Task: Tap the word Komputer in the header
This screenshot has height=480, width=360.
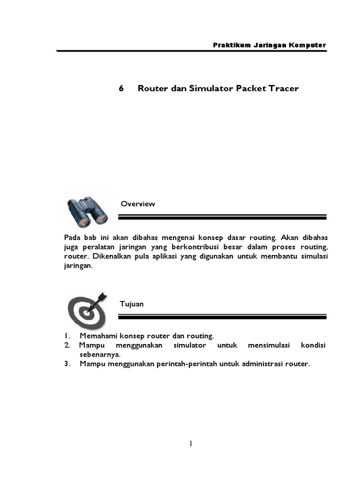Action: (307, 45)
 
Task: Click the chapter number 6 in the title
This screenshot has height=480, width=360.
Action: (121, 89)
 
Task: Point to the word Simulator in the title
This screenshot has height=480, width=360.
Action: (209, 89)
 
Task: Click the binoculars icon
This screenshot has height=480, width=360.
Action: (87, 211)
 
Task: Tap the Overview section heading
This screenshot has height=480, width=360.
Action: (138, 204)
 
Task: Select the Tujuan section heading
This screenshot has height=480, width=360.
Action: (132, 304)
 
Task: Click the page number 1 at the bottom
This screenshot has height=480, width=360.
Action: (191, 444)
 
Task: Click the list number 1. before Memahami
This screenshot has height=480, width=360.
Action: (67, 336)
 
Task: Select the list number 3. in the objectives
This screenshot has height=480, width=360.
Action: (67, 364)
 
